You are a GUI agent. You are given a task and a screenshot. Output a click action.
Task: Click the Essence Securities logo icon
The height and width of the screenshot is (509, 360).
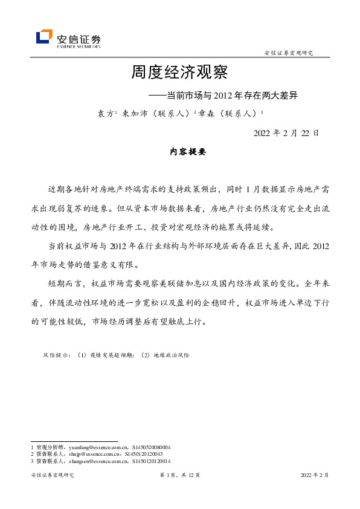tap(44, 38)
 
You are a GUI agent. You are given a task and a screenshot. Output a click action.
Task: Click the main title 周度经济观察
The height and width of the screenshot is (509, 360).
tap(179, 73)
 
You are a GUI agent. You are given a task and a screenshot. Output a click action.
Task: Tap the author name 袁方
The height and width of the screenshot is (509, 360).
tap(106, 113)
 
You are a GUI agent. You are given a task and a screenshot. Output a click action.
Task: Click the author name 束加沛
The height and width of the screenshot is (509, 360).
tap(135, 113)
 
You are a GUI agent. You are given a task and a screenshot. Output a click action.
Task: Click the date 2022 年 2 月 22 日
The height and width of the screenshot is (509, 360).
tap(286, 132)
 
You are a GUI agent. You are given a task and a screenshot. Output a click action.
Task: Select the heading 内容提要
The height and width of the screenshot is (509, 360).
tap(188, 152)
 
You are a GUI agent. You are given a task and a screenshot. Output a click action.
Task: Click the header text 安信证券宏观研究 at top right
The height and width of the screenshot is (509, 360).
tap(289, 53)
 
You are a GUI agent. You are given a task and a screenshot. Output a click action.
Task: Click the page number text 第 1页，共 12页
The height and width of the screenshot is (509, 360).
tap(179, 476)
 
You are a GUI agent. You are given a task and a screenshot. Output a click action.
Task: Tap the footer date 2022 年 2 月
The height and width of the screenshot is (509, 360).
tap(315, 476)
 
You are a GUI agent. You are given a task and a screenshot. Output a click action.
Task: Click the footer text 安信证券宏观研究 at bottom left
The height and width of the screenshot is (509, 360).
tap(52, 476)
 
